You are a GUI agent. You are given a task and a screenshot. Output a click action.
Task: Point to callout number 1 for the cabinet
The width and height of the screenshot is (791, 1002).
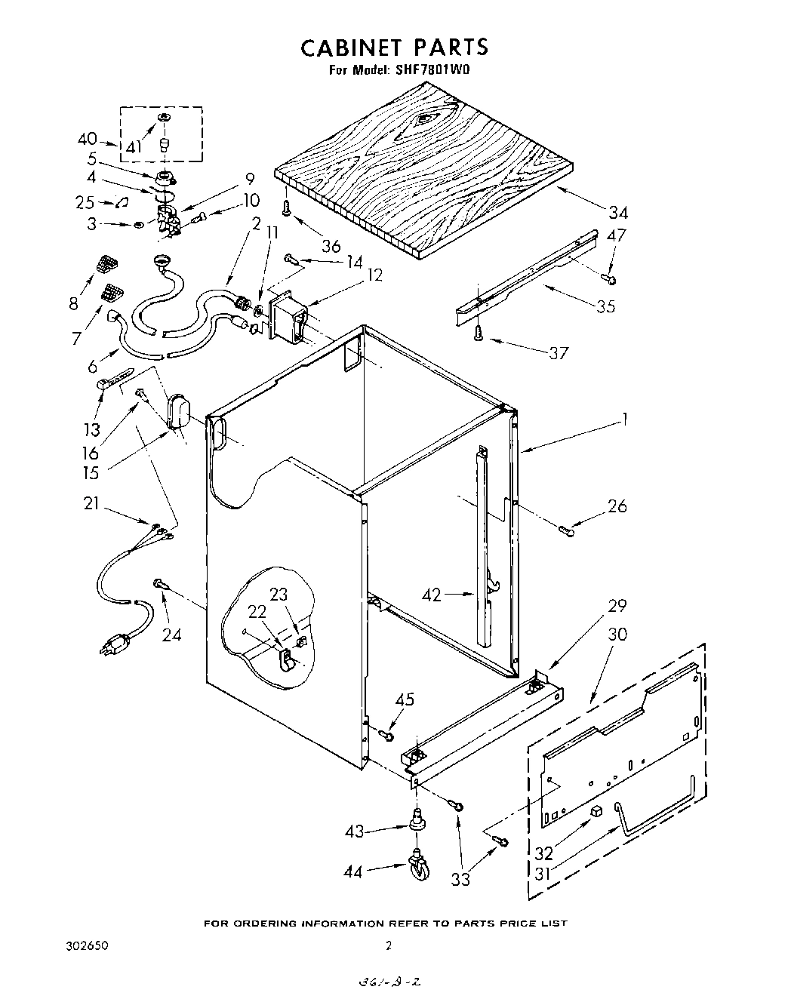tap(623, 419)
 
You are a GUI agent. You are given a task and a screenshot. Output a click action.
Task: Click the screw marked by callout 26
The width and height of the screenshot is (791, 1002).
tap(567, 532)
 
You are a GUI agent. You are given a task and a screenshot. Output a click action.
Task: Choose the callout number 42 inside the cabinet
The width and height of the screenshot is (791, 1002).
tap(432, 595)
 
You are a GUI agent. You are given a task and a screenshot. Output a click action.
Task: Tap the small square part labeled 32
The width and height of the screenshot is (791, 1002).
tap(596, 813)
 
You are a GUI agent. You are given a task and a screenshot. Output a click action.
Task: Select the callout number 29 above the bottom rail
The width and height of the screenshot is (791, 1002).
tap(617, 606)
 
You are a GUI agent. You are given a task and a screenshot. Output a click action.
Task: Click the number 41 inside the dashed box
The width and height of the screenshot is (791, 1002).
tap(134, 147)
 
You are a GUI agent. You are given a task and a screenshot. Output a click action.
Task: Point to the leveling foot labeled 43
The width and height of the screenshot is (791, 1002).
tap(416, 820)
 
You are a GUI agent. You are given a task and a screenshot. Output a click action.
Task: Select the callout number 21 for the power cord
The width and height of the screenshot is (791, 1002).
tap(91, 504)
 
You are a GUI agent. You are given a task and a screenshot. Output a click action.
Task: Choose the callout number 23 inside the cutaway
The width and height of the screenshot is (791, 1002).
tap(279, 594)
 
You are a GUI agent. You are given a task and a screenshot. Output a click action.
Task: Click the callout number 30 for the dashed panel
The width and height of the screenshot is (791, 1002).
tap(617, 635)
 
